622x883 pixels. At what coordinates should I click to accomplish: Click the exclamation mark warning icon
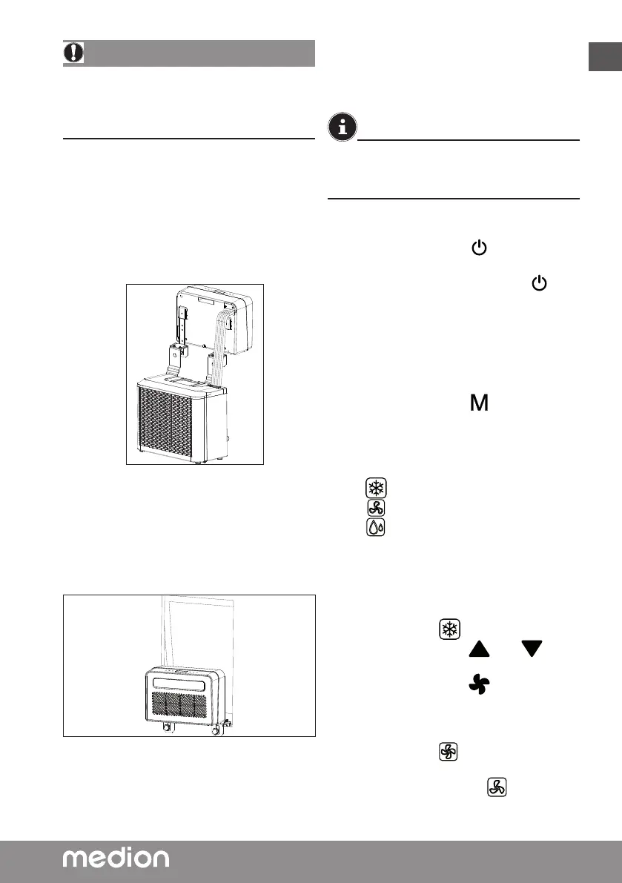pyautogui.click(x=74, y=53)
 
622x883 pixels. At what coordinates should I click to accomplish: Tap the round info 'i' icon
pyautogui.click(x=342, y=128)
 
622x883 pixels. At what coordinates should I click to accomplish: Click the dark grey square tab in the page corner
pyautogui.click(x=605, y=57)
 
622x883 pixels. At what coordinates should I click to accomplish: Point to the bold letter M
pyautogui.click(x=480, y=404)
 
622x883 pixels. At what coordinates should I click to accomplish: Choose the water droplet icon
pyautogui.click(x=376, y=527)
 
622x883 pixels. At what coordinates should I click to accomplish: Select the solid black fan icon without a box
pyautogui.click(x=480, y=686)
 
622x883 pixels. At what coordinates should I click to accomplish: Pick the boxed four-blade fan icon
pyautogui.click(x=449, y=752)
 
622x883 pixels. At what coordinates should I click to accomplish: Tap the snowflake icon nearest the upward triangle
pyautogui.click(x=448, y=627)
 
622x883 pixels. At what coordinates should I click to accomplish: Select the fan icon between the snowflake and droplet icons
pyautogui.click(x=376, y=508)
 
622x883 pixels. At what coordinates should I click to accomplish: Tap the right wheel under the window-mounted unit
pyautogui.click(x=216, y=728)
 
